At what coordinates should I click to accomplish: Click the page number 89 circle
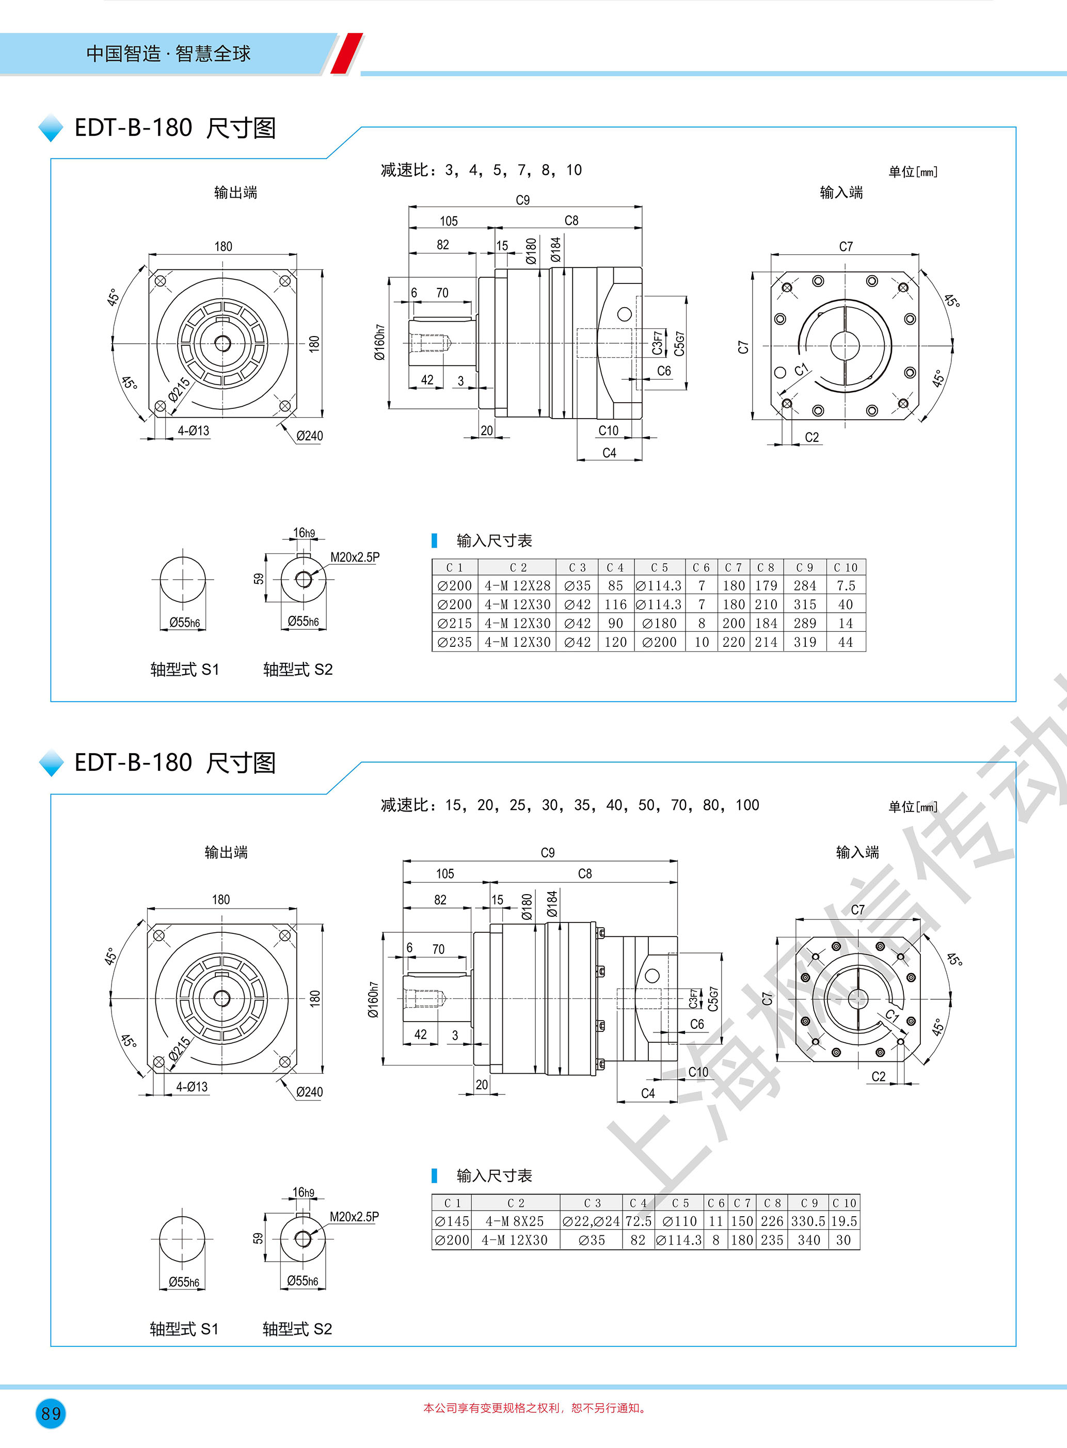[x=51, y=1412]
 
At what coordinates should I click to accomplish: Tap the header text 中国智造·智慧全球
[x=168, y=54]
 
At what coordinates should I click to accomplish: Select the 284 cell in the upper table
[x=805, y=586]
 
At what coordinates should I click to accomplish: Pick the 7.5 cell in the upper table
[x=846, y=586]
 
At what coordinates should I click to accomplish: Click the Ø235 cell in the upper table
[x=455, y=642]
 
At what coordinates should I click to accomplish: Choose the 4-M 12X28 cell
[x=517, y=586]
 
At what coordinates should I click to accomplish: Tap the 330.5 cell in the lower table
[x=808, y=1221]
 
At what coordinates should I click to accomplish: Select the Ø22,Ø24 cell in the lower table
[x=591, y=1221]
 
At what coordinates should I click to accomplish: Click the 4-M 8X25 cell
[x=515, y=1221]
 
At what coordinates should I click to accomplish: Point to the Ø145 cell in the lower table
[x=452, y=1221]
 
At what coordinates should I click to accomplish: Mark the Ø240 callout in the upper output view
[x=309, y=436]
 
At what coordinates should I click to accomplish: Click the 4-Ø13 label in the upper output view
[x=194, y=431]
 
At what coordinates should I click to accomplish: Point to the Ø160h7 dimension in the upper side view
[x=380, y=342]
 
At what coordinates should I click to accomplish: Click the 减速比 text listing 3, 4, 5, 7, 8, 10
[x=481, y=170]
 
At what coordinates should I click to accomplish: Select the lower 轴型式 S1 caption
[x=184, y=1329]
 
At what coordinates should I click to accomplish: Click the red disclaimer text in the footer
[x=535, y=1408]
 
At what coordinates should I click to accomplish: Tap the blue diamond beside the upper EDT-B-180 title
[x=51, y=128]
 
